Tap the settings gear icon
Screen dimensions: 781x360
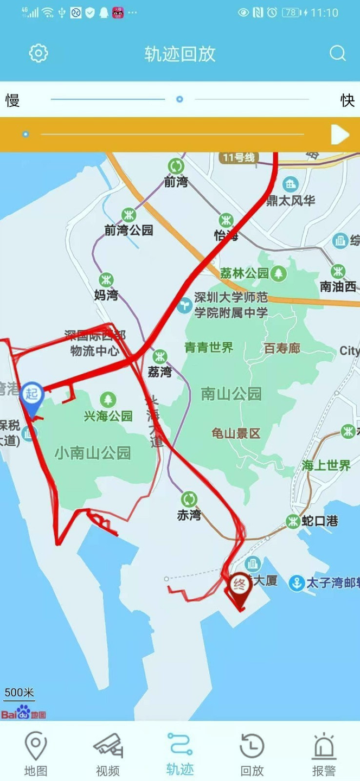click(x=38, y=53)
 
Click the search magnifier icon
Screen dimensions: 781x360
click(x=337, y=53)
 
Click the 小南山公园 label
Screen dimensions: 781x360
click(x=93, y=453)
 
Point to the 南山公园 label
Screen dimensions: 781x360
click(x=231, y=394)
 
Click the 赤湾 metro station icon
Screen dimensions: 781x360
click(x=189, y=499)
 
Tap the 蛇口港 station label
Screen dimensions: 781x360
click(x=320, y=521)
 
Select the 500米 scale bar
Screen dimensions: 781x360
click(x=19, y=694)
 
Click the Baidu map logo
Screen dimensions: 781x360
click(x=23, y=713)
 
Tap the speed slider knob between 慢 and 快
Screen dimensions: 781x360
click(x=179, y=99)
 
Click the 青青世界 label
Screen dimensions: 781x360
click(x=209, y=348)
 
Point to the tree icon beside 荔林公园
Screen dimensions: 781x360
click(x=279, y=273)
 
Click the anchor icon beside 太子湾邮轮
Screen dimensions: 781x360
click(x=296, y=583)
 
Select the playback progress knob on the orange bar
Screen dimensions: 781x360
click(x=25, y=134)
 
